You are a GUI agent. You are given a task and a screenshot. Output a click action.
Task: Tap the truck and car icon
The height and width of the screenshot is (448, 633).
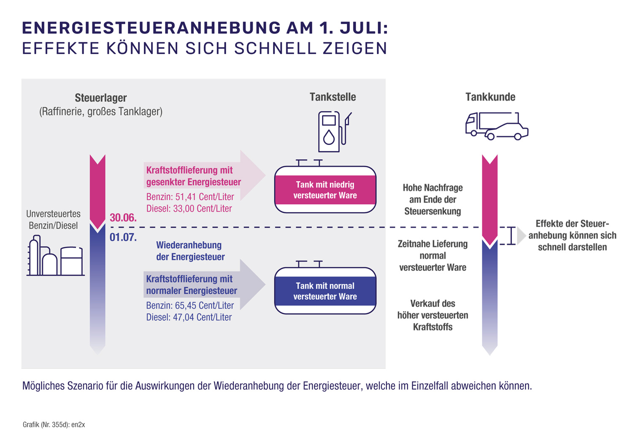tap(497, 126)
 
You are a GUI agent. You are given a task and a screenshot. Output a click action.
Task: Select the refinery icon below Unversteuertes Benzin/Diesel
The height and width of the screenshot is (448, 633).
tap(55, 256)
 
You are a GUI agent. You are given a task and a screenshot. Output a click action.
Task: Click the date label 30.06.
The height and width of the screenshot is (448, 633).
tap(123, 218)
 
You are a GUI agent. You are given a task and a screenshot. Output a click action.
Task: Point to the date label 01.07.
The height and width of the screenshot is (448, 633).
tap(123, 237)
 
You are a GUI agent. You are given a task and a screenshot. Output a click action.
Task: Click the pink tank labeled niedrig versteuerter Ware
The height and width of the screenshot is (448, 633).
tap(325, 190)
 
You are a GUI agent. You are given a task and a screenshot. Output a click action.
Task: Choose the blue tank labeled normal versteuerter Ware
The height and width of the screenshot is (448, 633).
tap(325, 291)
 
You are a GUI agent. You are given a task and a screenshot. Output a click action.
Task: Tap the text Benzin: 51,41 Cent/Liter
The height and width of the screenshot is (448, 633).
tap(190, 197)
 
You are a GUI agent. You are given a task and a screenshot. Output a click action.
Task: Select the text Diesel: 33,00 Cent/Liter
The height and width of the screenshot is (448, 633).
tap(189, 208)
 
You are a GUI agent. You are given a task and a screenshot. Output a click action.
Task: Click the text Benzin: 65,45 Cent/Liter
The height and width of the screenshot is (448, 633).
tap(190, 305)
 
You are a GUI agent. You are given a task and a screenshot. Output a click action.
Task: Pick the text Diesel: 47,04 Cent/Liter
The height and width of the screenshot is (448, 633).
tap(189, 317)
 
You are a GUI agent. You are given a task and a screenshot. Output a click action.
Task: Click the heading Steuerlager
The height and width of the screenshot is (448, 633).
tap(100, 98)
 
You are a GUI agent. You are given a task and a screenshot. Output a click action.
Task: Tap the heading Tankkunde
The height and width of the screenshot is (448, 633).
tap(490, 97)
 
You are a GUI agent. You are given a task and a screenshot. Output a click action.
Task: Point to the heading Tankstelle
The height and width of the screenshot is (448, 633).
tap(333, 97)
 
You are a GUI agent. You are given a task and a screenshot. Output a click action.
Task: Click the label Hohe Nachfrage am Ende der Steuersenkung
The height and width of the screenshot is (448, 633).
tap(433, 199)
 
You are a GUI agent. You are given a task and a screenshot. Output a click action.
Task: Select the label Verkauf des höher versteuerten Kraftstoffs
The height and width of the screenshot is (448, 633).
tap(433, 315)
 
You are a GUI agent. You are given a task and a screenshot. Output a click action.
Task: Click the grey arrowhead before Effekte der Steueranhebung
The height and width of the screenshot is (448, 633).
tap(521, 236)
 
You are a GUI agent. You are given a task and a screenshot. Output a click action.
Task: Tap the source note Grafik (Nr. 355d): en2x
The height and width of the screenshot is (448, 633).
tap(54, 425)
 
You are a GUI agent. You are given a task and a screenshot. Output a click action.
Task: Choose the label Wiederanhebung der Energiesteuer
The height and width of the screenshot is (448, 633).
tap(190, 251)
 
